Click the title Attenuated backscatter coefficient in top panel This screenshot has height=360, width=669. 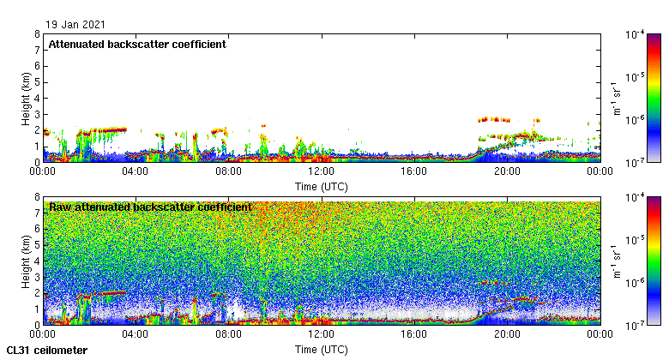tap(137, 44)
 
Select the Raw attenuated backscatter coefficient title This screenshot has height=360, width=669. tap(150, 207)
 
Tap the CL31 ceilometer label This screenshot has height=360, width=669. tap(46, 350)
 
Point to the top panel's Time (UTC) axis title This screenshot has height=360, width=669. tap(322, 186)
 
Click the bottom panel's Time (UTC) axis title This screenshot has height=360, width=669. tap(322, 350)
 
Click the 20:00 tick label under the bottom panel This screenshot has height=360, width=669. tap(507, 334)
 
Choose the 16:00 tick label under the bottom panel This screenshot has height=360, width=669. tap(414, 334)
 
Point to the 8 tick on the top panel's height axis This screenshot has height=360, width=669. tap(37, 34)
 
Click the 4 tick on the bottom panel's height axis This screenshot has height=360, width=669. tap(37, 261)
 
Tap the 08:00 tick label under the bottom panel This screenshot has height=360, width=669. tap(228, 334)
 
